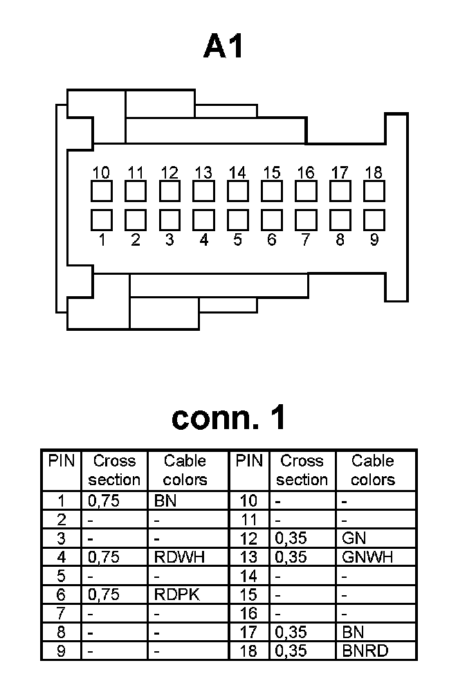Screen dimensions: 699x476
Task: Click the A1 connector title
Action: point(224,47)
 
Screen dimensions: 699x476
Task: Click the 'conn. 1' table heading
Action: point(228,418)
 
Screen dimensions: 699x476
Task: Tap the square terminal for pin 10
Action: point(102,191)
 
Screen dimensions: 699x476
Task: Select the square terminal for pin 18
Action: point(374,191)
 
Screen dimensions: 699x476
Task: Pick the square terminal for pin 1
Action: point(102,220)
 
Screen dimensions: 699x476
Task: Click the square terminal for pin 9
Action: point(374,220)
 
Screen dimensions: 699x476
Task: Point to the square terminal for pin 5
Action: point(237,220)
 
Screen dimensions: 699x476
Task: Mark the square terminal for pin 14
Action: point(237,191)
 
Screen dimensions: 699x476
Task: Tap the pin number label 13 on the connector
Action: point(203,172)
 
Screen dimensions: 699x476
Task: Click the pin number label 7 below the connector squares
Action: point(306,240)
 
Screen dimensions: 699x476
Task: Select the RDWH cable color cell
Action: point(180,557)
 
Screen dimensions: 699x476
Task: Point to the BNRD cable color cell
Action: point(365,651)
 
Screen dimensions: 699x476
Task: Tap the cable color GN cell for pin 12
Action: point(354,538)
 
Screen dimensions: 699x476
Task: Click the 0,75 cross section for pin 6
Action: point(104,594)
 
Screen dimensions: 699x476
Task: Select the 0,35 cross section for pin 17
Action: point(291,632)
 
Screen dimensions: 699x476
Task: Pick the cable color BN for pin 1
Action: point(165,501)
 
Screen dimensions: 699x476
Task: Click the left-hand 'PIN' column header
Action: point(62,461)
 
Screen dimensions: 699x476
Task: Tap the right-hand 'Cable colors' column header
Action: point(373,470)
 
